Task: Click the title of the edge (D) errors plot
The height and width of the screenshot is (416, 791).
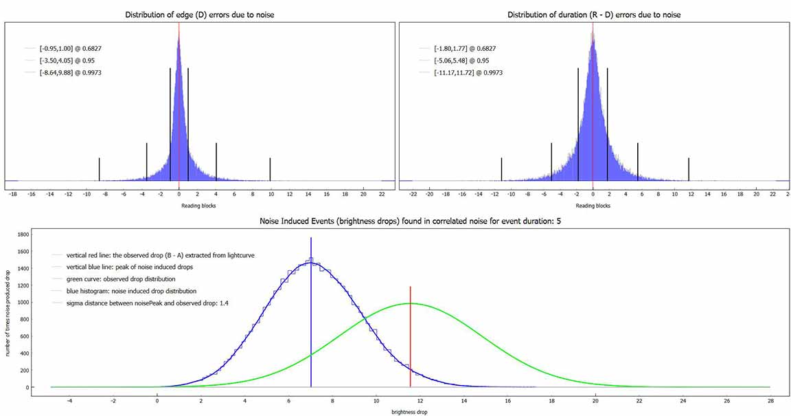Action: pyautogui.click(x=200, y=15)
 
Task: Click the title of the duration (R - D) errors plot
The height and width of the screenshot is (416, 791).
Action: pyautogui.click(x=593, y=15)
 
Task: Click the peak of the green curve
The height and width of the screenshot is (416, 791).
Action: pyautogui.click(x=411, y=303)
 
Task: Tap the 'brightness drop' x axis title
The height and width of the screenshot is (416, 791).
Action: pyautogui.click(x=396, y=410)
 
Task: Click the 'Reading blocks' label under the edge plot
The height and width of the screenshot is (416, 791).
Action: pyautogui.click(x=199, y=206)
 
